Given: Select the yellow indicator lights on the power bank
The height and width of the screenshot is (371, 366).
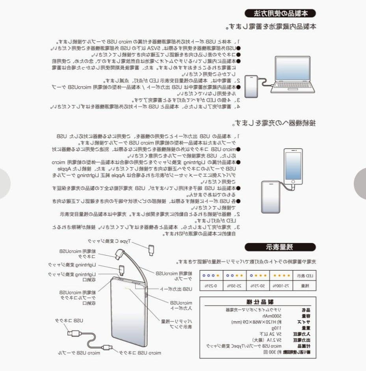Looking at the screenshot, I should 128,291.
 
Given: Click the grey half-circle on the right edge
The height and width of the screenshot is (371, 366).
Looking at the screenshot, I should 360,183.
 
